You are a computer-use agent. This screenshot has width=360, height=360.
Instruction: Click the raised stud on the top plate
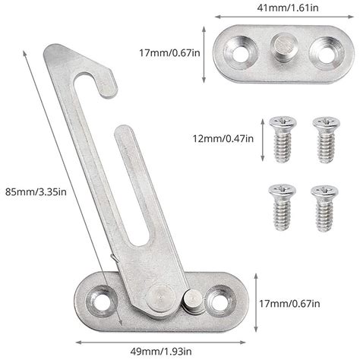[282, 50]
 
